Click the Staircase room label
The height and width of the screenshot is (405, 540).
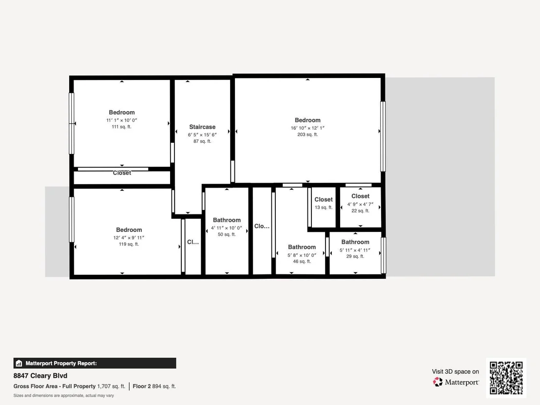[x=202, y=127]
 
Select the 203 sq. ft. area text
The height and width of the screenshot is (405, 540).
[x=308, y=135]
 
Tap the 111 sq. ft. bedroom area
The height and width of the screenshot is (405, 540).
[x=121, y=127]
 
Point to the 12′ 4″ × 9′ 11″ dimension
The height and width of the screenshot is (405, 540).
[x=129, y=238]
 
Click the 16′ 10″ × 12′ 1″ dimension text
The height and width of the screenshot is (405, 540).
[x=308, y=128]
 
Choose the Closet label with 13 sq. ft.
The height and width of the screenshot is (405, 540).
[x=324, y=199]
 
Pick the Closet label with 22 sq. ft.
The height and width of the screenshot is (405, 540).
[x=360, y=196]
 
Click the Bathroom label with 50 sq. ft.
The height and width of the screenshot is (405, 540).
[x=227, y=220]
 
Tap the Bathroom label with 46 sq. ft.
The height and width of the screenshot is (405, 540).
[x=302, y=247]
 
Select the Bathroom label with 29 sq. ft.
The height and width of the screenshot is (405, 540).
[x=355, y=242]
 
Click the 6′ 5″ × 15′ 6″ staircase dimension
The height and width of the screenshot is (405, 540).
[x=202, y=135]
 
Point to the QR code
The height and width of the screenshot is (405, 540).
[x=506, y=378]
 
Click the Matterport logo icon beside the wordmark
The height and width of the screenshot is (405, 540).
[x=438, y=382]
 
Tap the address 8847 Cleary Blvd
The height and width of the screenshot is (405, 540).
[x=40, y=376]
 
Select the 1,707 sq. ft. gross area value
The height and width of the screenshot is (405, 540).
[x=111, y=386]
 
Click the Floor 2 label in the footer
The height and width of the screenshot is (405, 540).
[x=141, y=386]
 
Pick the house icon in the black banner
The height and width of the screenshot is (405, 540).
[x=19, y=363]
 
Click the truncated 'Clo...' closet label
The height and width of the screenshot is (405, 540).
[x=262, y=226]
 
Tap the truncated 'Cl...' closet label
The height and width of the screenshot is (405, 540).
[x=193, y=242]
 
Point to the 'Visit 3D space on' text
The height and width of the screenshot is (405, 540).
[x=455, y=371]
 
